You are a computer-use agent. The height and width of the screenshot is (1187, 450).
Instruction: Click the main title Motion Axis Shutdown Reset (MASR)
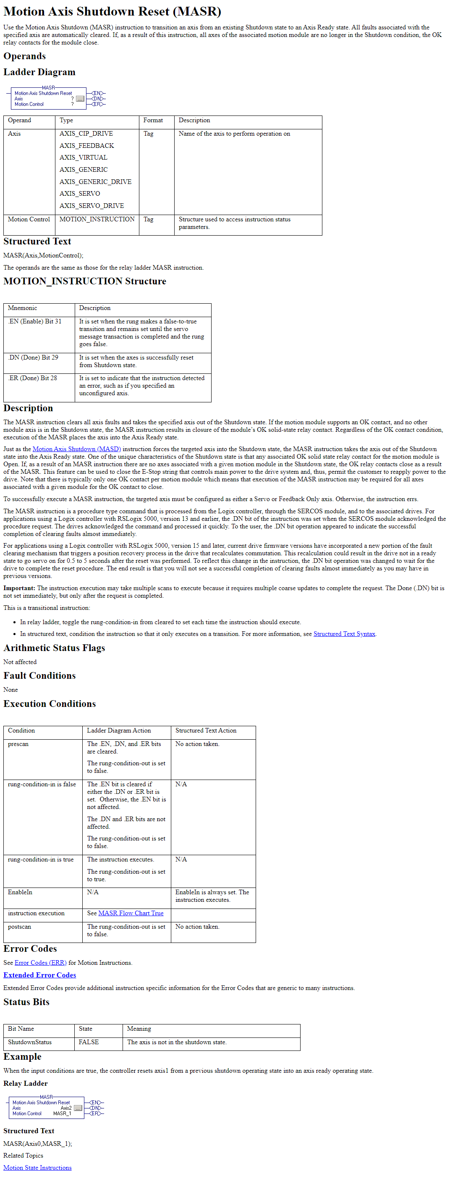(112, 11)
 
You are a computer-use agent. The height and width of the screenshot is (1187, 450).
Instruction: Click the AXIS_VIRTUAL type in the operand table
(83, 158)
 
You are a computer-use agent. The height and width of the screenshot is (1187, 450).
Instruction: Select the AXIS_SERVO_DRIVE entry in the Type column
(91, 206)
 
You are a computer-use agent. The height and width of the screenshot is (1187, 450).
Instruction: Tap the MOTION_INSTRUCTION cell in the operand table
(97, 219)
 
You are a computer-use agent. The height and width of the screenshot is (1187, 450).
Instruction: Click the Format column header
(153, 120)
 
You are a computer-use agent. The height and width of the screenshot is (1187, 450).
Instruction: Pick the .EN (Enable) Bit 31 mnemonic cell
(34, 322)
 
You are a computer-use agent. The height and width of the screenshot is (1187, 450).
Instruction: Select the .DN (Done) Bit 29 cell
(33, 357)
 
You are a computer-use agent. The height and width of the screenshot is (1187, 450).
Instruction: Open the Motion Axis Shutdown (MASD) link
(76, 449)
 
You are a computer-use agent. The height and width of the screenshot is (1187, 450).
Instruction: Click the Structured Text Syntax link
(344, 634)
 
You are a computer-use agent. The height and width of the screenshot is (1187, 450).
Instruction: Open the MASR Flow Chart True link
(131, 913)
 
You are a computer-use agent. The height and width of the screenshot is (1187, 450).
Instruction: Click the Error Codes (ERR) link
(41, 963)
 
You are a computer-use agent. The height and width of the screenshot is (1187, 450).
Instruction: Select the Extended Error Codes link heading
(39, 975)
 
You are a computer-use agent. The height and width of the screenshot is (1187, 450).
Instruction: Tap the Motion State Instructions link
(37, 1168)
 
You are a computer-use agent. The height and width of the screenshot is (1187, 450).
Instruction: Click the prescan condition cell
(18, 744)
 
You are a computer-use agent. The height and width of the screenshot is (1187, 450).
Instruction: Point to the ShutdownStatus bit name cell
(29, 1043)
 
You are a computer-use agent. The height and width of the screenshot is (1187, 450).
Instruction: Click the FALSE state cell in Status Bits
(89, 1043)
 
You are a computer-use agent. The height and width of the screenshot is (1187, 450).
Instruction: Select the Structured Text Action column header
(205, 731)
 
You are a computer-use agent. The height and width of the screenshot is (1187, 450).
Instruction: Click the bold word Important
(19, 588)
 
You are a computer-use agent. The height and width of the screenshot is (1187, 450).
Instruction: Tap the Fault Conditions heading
(39, 676)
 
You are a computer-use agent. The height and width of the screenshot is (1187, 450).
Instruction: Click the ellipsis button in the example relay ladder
(78, 1108)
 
